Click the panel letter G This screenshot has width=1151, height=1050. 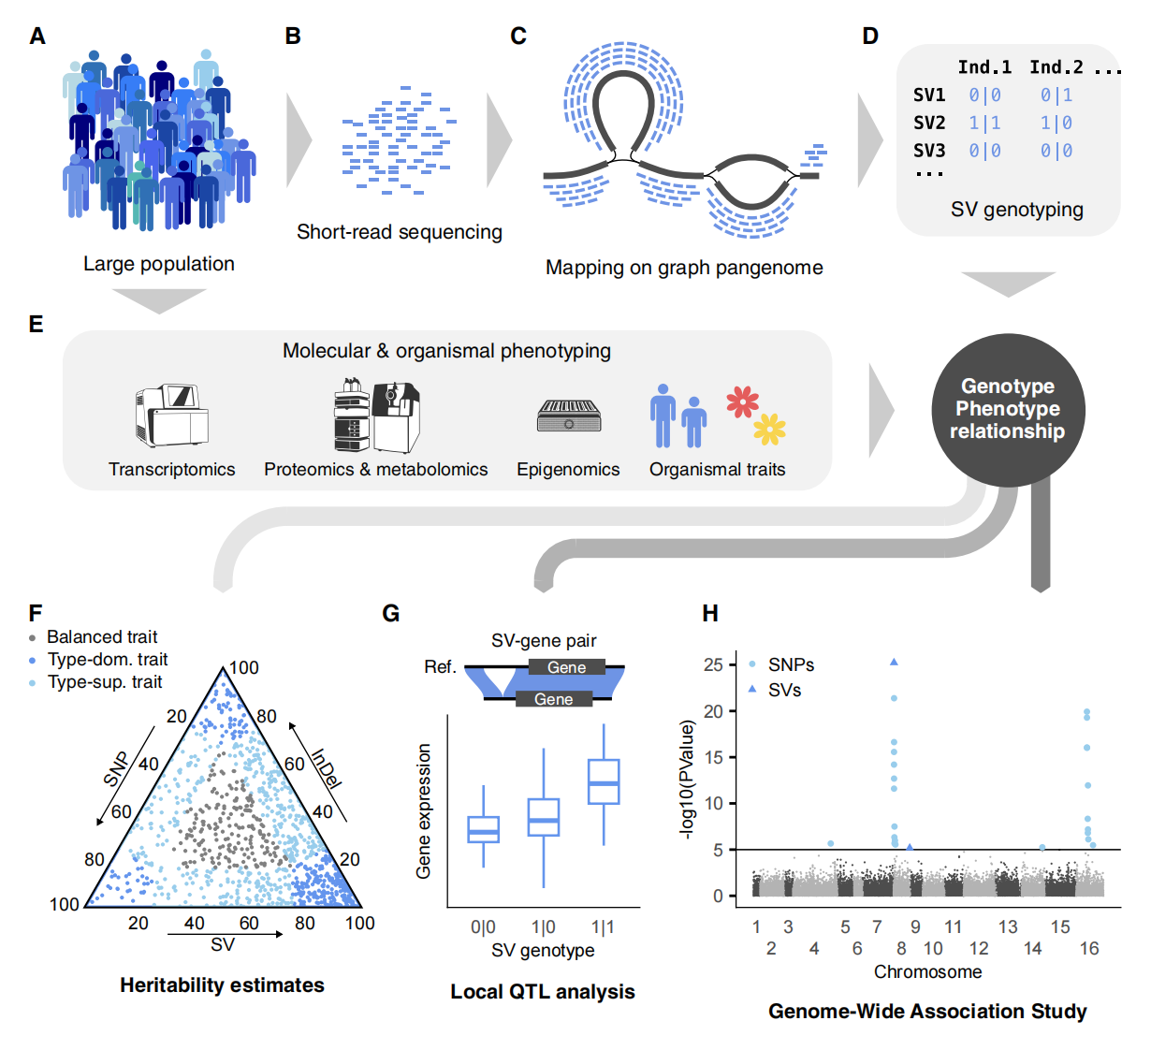[x=391, y=614]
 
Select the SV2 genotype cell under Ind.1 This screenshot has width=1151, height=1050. [x=984, y=124]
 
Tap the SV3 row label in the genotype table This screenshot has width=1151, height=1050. [x=929, y=151]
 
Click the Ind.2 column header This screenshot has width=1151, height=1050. [x=1056, y=67]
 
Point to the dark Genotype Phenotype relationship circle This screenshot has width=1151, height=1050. [x=1007, y=409]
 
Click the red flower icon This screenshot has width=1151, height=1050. [x=743, y=401]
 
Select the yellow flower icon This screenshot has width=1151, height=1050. [x=770, y=429]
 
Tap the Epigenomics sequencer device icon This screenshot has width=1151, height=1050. [x=569, y=416]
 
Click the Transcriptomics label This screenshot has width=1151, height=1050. [x=172, y=470]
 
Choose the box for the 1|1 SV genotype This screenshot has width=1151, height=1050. [x=604, y=781]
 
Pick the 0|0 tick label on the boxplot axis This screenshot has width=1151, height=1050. [x=483, y=927]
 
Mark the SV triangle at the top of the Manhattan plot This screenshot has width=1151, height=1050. [x=895, y=662]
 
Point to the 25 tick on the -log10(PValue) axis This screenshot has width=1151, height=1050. [x=713, y=664]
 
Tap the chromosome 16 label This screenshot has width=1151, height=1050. [x=1089, y=949]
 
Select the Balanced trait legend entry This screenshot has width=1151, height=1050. [x=101, y=637]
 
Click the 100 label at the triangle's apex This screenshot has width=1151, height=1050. [x=244, y=668]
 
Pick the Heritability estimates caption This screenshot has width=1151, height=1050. [x=222, y=985]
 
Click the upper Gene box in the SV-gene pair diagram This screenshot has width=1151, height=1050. [x=567, y=667]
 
